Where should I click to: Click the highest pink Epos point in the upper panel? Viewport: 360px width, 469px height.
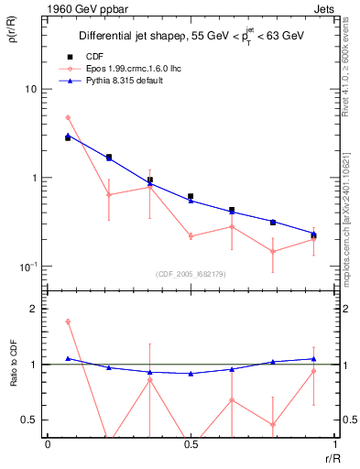[68, 117]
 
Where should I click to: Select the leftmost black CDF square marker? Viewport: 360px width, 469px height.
[68, 137]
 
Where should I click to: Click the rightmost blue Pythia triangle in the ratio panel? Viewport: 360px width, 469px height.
[313, 359]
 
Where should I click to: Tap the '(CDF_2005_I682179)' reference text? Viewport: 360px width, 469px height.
[189, 273]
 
